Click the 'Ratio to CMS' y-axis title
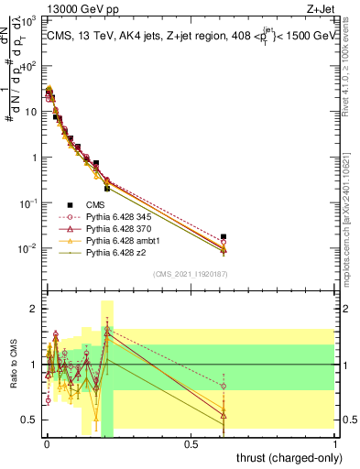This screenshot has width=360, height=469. click(14, 365)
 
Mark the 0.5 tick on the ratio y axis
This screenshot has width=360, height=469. click(31, 420)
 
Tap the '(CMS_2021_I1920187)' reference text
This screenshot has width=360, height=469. click(189, 274)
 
